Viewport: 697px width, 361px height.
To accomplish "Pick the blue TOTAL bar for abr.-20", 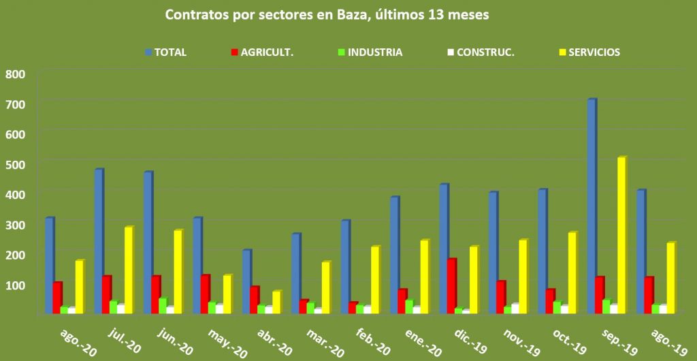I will pyautogui.click(x=246, y=281).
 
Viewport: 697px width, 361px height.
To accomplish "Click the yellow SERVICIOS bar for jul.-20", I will pyautogui.click(x=128, y=270).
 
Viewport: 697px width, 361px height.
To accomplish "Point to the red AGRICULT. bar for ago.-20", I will pyautogui.click(x=58, y=297).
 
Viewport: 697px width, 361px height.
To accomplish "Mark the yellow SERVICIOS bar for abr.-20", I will pyautogui.click(x=276, y=302).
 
